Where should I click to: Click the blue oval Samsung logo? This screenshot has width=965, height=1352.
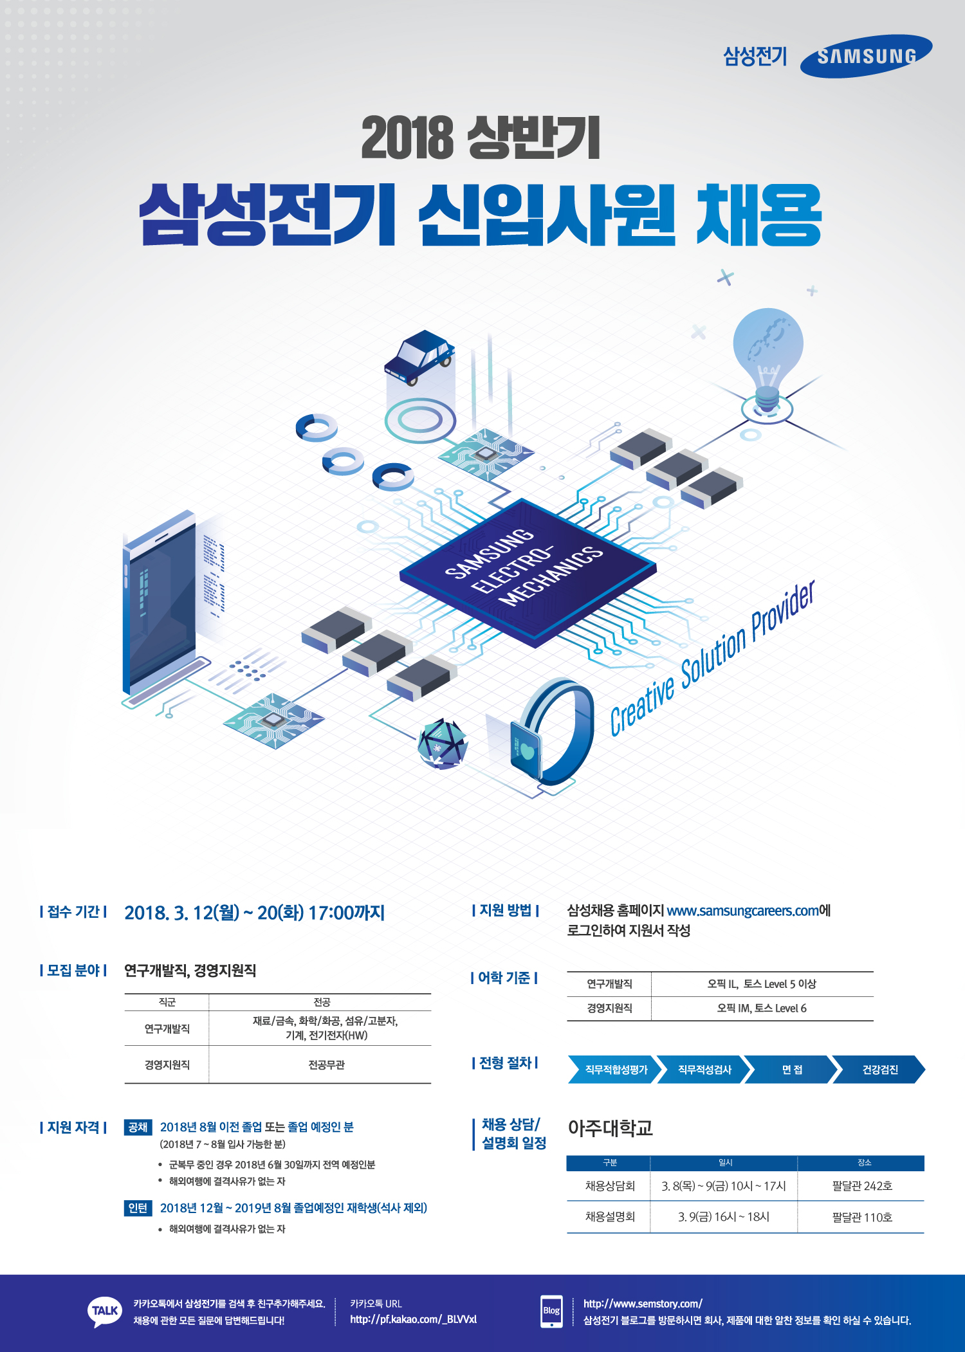866,57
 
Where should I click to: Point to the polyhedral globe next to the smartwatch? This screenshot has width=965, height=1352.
442,744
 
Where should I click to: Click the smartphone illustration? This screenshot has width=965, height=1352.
160,605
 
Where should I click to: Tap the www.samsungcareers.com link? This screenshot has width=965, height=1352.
742,911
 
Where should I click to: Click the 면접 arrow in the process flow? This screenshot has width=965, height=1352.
791,1070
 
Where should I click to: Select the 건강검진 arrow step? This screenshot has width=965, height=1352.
879,1070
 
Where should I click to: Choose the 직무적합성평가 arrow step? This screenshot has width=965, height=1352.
616,1070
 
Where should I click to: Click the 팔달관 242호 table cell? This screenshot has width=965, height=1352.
861,1186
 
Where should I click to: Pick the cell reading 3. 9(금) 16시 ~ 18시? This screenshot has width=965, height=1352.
724,1217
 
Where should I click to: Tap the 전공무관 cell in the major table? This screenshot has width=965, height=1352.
326,1065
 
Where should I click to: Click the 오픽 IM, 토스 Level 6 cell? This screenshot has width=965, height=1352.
762,1009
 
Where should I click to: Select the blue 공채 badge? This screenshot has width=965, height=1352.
138,1127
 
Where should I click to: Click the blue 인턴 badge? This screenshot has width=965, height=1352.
138,1208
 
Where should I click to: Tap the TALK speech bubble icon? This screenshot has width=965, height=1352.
104,1311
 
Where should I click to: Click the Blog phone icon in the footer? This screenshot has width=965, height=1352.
551,1311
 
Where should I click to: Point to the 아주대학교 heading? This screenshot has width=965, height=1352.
610,1128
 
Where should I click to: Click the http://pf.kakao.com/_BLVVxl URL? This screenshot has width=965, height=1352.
413,1320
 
